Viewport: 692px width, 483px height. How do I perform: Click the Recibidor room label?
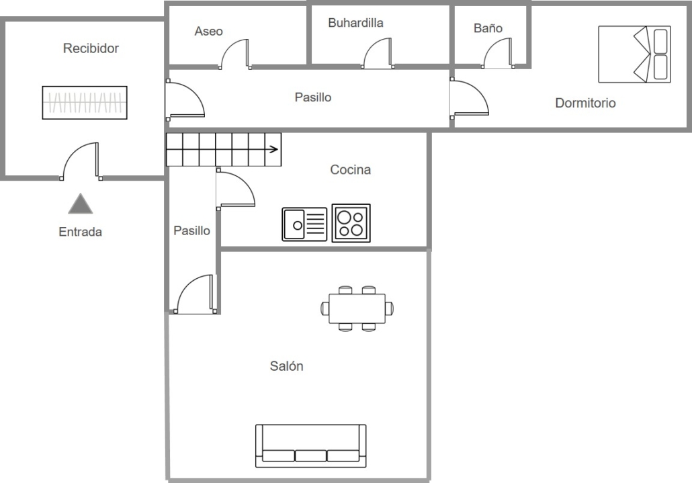pyautogui.click(x=91, y=48)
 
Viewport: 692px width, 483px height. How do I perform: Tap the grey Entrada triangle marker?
pyautogui.click(x=81, y=204)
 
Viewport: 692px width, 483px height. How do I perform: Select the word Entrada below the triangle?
pyautogui.click(x=81, y=232)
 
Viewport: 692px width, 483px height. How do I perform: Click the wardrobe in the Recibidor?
pyautogui.click(x=85, y=103)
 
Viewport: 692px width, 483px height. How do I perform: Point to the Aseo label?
pyautogui.click(x=209, y=32)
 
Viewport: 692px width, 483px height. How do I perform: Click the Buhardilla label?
pyautogui.click(x=355, y=23)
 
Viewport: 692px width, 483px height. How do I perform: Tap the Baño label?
pyautogui.click(x=488, y=28)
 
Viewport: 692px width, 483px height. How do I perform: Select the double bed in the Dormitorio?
pyautogui.click(x=635, y=54)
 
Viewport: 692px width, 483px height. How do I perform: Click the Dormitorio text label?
pyautogui.click(x=585, y=103)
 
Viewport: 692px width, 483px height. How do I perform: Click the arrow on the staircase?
pyautogui.click(x=273, y=149)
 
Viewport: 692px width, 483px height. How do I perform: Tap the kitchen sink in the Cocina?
pyautogui.click(x=304, y=224)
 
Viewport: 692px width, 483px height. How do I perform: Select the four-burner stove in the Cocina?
pyautogui.click(x=351, y=223)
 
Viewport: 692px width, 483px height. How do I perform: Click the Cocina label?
pyautogui.click(x=351, y=170)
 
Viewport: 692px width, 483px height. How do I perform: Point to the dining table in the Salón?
pyautogui.click(x=357, y=308)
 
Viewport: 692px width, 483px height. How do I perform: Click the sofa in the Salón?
pyautogui.click(x=310, y=445)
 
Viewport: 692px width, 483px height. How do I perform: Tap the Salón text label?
pyautogui.click(x=286, y=365)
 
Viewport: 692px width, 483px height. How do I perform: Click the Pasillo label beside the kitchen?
pyautogui.click(x=191, y=230)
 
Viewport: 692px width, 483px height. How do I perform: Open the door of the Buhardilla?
pyautogui.click(x=378, y=53)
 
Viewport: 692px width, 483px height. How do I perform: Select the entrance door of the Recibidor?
pyautogui.click(x=81, y=161)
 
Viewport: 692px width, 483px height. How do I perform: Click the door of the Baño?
pyautogui.click(x=498, y=53)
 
